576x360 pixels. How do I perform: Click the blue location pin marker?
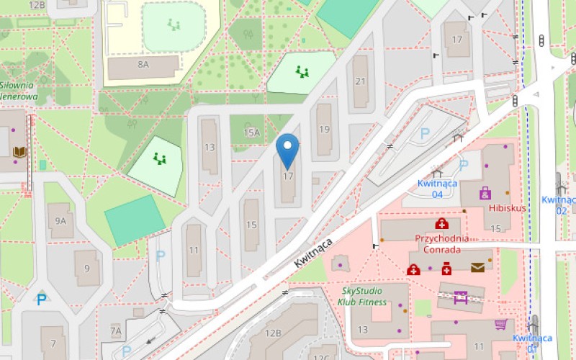288,150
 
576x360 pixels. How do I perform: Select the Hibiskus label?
507,208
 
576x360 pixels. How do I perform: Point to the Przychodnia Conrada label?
441,243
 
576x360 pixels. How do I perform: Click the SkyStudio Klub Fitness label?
364,296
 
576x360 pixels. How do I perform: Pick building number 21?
361,81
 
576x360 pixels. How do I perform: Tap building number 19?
324,130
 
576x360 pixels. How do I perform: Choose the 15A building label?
251,132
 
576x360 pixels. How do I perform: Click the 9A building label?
61,222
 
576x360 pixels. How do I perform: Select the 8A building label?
143,65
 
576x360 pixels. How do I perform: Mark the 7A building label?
116,330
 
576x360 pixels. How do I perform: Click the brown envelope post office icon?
477,269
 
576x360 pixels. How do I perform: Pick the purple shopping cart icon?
500,325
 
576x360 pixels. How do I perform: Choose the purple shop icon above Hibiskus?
485,193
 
